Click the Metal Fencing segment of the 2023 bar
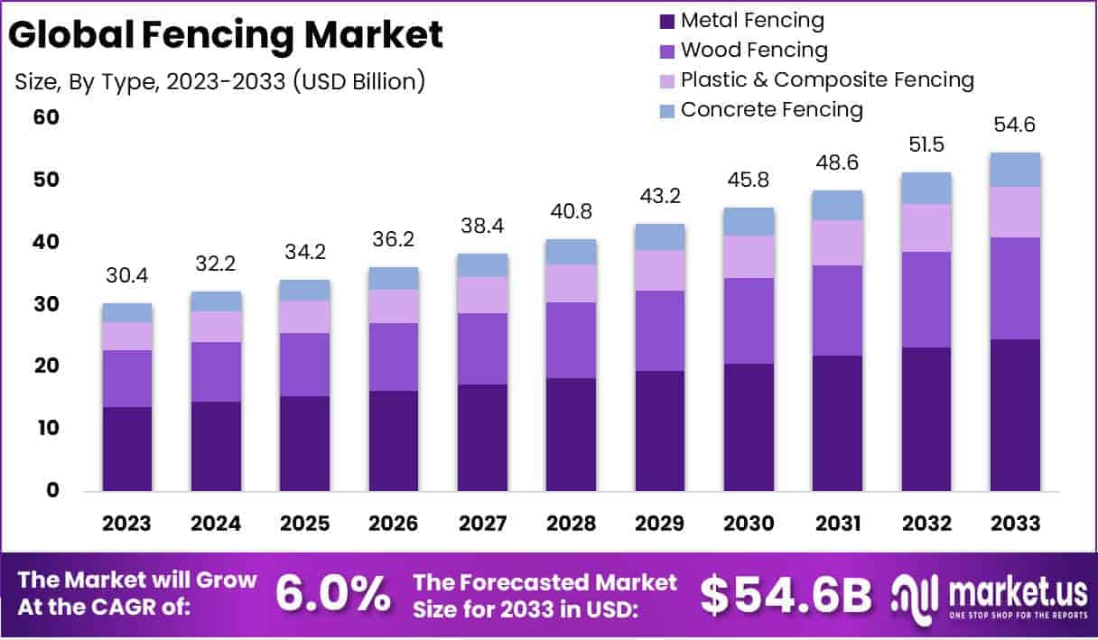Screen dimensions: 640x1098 126,449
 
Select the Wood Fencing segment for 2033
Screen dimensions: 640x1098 1015,288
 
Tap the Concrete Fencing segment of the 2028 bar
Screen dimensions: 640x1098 571,252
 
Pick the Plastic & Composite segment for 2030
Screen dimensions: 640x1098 749,257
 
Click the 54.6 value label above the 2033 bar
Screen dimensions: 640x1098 1015,125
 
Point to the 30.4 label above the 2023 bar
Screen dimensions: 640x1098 126,275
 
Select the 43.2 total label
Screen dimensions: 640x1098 659,196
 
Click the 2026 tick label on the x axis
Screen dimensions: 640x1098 393,524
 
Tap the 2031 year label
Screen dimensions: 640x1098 837,524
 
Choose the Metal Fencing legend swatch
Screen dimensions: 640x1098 667,21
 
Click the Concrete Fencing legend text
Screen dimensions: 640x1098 771,110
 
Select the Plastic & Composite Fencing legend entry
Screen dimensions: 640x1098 827,80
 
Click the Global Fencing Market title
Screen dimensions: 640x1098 227,35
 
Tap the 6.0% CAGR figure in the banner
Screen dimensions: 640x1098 332,594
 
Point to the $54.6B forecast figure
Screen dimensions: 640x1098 786,594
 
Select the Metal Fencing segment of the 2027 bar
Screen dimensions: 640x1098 482,438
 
